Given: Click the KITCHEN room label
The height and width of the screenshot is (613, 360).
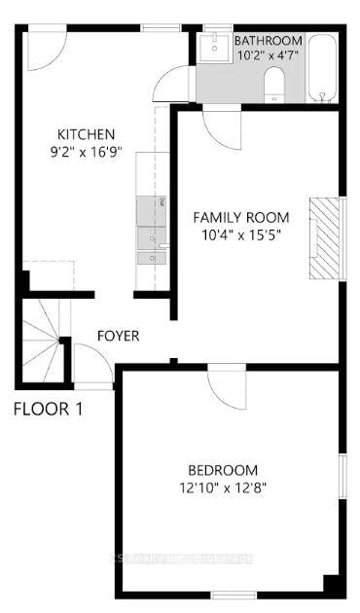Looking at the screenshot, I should point(86,134).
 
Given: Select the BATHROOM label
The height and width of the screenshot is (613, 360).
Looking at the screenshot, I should point(268,41).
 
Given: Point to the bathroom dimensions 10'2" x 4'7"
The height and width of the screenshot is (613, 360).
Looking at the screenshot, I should point(268,56).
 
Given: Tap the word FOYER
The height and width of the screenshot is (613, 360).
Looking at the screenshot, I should point(118,337).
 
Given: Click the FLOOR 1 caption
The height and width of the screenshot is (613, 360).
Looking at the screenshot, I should point(48,409).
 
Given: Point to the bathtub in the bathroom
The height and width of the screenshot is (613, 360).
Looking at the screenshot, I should point(322,68).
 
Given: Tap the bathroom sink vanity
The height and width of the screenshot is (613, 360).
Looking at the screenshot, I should point(213,49).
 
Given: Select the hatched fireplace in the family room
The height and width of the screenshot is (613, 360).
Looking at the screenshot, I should point(327,238).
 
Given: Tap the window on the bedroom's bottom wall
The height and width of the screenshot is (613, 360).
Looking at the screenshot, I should point(234,595).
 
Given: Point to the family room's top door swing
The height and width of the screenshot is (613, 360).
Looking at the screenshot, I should point(222,128).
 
